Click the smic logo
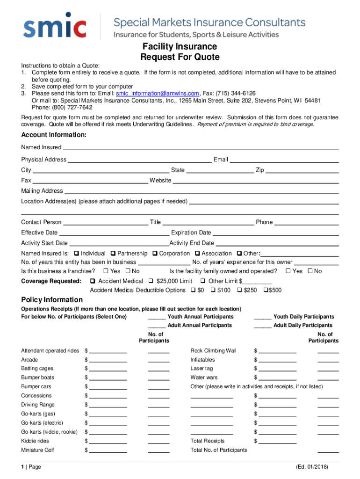(x=55, y=28)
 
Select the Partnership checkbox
(x=114, y=254)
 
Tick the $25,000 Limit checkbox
(x=151, y=281)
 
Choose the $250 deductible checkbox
(x=240, y=290)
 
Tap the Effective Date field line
(x=114, y=234)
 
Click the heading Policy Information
(x=52, y=300)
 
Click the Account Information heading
(x=54, y=135)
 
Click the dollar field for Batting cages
(x=108, y=370)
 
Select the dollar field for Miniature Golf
(x=108, y=452)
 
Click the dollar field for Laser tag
(x=277, y=370)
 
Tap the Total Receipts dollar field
(x=277, y=443)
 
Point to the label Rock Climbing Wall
(x=213, y=351)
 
